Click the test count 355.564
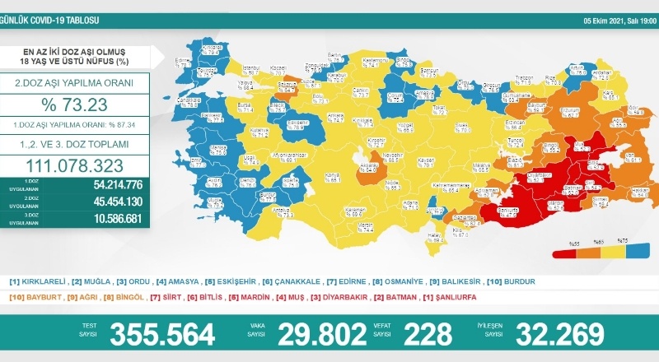coord(162,334)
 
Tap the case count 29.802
coord(320,334)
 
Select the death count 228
coord(428,334)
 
